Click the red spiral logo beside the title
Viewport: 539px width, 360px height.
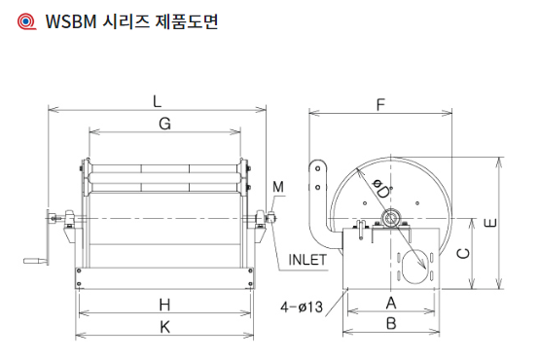(x=26, y=21)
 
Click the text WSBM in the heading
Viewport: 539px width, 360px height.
(x=71, y=21)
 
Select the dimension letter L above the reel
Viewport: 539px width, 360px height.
(x=157, y=101)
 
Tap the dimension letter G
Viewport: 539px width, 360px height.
(x=165, y=124)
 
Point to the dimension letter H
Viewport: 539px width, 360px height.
(x=165, y=305)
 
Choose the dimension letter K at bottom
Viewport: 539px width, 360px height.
(x=165, y=327)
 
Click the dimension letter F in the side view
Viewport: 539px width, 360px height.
(x=380, y=104)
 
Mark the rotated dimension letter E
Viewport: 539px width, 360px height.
(x=490, y=223)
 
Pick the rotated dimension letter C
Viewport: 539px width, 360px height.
(x=463, y=253)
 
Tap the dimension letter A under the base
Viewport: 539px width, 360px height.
(x=391, y=303)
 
